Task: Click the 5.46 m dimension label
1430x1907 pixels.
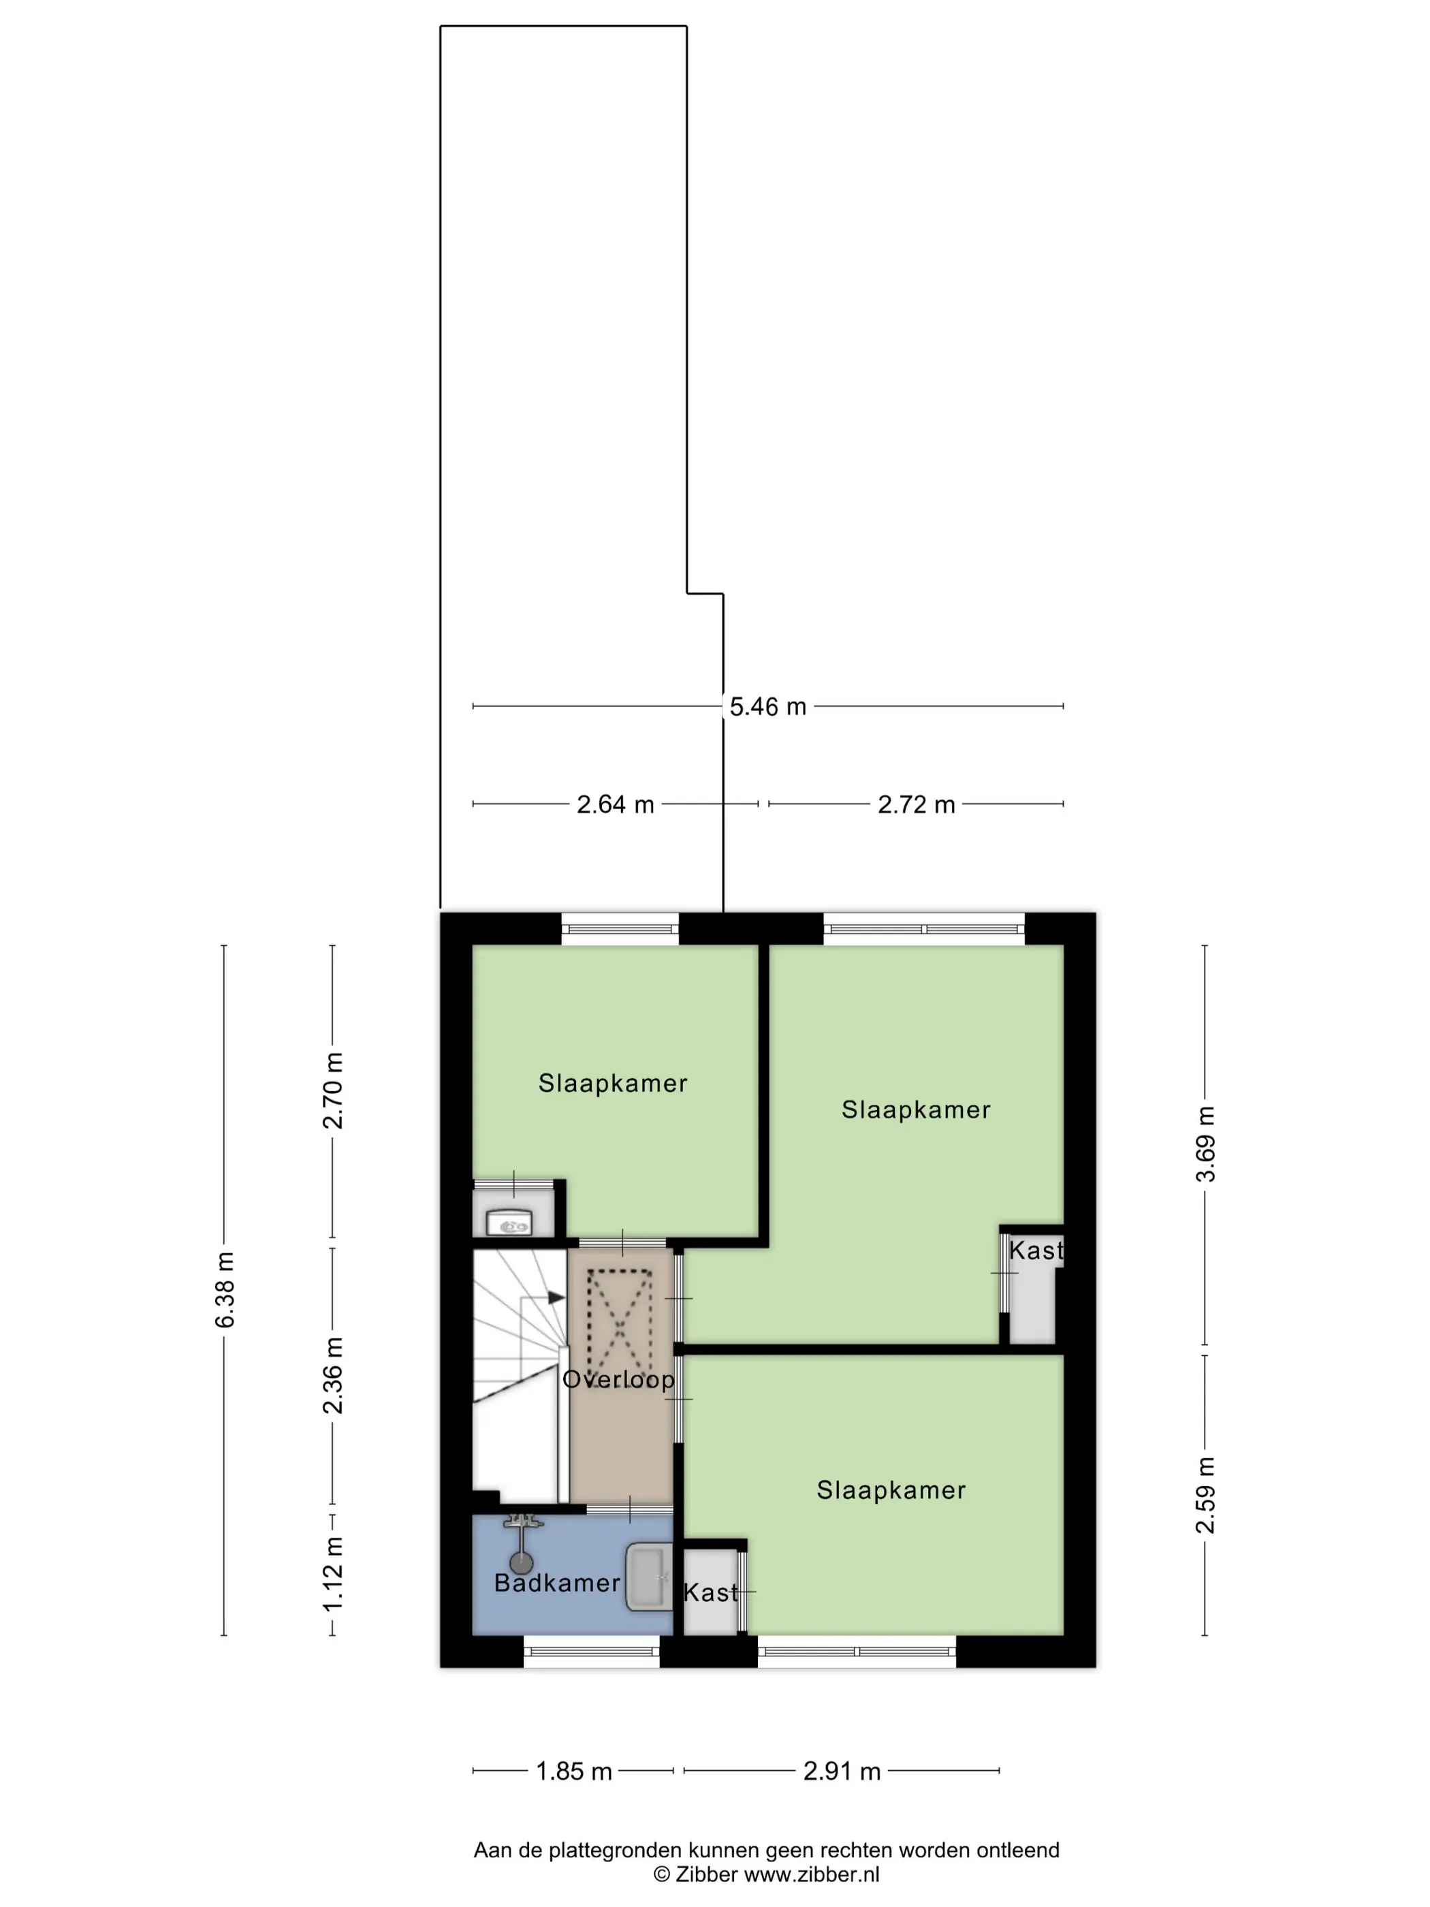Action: [x=767, y=707]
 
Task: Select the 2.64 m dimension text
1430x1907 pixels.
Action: [x=615, y=804]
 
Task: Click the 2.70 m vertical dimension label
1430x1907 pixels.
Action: [x=333, y=1090]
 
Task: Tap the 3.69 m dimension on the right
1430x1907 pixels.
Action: [x=1205, y=1144]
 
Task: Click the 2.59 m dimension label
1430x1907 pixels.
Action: [x=1205, y=1495]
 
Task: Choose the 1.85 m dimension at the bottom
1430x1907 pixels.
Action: [x=573, y=1771]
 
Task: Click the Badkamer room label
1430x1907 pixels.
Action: [x=557, y=1583]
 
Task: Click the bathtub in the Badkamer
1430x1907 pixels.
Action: [x=648, y=1577]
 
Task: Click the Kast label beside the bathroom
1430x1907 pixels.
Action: [x=711, y=1592]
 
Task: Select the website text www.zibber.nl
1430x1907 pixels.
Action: [x=811, y=1874]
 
